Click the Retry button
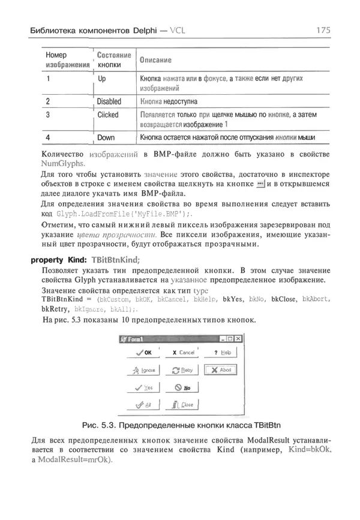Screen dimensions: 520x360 click(x=181, y=371)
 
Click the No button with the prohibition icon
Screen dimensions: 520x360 click(x=181, y=388)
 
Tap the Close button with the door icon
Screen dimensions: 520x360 click(x=181, y=405)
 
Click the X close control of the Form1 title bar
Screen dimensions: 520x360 click(x=238, y=339)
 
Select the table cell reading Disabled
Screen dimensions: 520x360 click(x=109, y=101)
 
